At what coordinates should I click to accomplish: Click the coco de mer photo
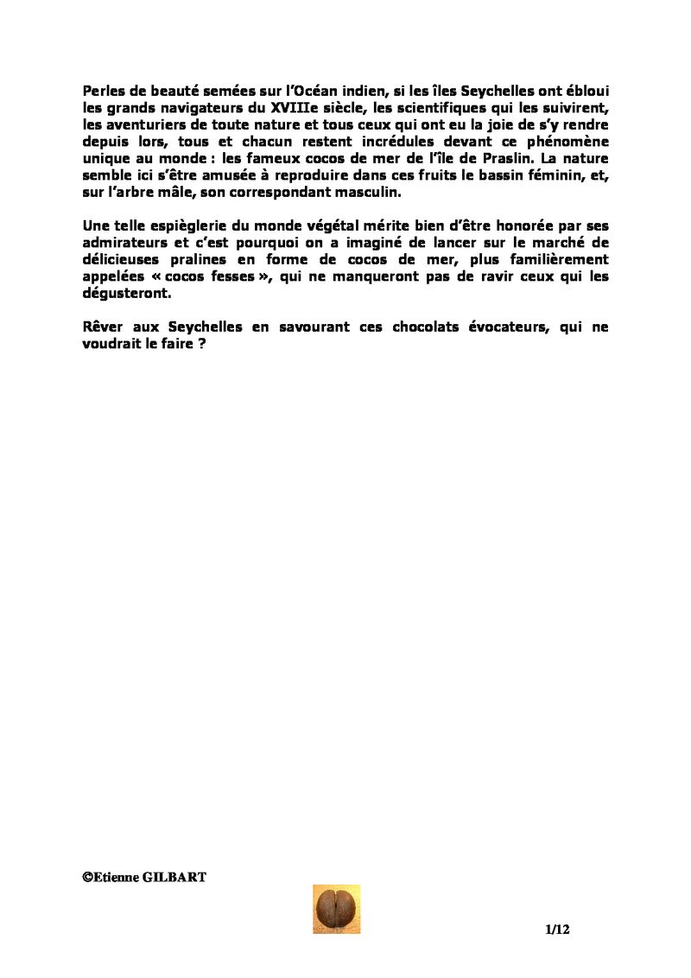336,909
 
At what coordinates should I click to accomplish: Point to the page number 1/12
558,930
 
